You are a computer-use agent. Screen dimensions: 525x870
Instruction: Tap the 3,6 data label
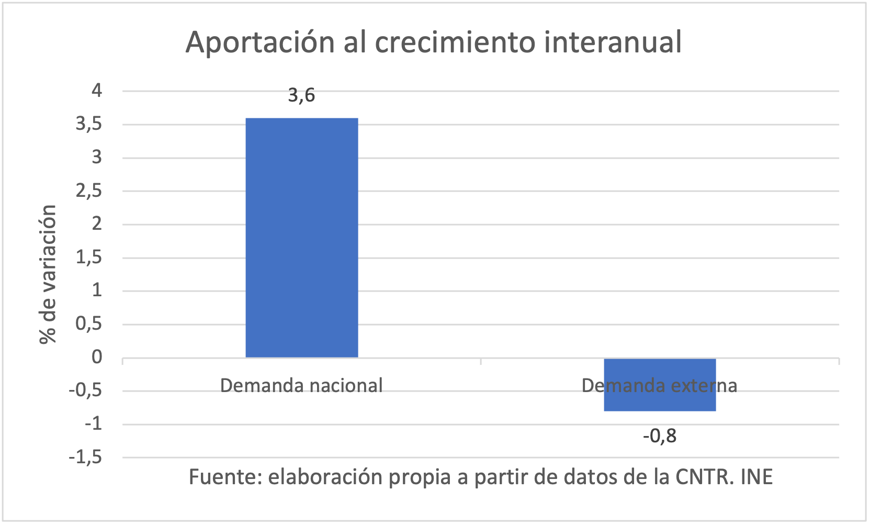pos(302,95)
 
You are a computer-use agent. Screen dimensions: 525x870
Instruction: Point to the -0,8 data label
pos(660,435)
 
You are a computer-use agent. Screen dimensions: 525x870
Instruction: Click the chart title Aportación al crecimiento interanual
pos(434,42)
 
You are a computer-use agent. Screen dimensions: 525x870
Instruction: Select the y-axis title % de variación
pos(48,274)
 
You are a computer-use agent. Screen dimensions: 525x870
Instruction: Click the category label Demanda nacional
pos(301,386)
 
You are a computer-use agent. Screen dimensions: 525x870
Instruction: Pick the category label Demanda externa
pos(659,386)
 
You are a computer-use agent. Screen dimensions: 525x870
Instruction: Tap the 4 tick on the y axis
pos(97,91)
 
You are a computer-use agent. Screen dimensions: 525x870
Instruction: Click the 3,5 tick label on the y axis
pos(89,124)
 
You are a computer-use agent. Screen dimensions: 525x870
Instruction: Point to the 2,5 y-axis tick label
pos(89,191)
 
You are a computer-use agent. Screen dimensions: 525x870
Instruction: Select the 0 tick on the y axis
pos(97,358)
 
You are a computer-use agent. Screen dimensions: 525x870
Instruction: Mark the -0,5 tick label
pos(85,390)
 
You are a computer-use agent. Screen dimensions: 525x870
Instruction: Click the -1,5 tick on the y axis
pos(85,457)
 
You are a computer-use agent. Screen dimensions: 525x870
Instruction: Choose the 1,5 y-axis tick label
pos(89,258)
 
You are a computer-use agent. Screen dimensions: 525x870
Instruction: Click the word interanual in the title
pos(613,42)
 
